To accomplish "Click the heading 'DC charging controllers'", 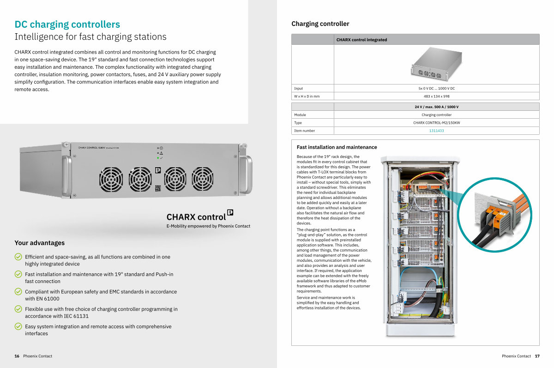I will [67, 24].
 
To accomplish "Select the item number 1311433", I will [436, 131].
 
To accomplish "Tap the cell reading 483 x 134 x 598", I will [436, 97].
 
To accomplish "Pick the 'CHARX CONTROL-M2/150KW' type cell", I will [436, 123].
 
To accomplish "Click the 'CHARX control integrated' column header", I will [361, 40].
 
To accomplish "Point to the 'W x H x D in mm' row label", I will [307, 97].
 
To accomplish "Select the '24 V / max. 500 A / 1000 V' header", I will [436, 107].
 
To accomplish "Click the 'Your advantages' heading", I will [39, 243].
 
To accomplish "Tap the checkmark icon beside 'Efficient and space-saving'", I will [18, 257].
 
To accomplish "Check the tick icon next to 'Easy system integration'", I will [18, 326].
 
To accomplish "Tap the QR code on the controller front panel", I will [157, 188].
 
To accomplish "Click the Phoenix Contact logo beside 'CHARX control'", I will [230, 213].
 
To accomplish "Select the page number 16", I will [17, 356].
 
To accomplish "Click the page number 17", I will [537, 356].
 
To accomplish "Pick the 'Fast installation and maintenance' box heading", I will [337, 147].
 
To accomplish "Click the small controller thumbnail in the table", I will [436, 65].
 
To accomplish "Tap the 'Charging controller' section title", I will [320, 24].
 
